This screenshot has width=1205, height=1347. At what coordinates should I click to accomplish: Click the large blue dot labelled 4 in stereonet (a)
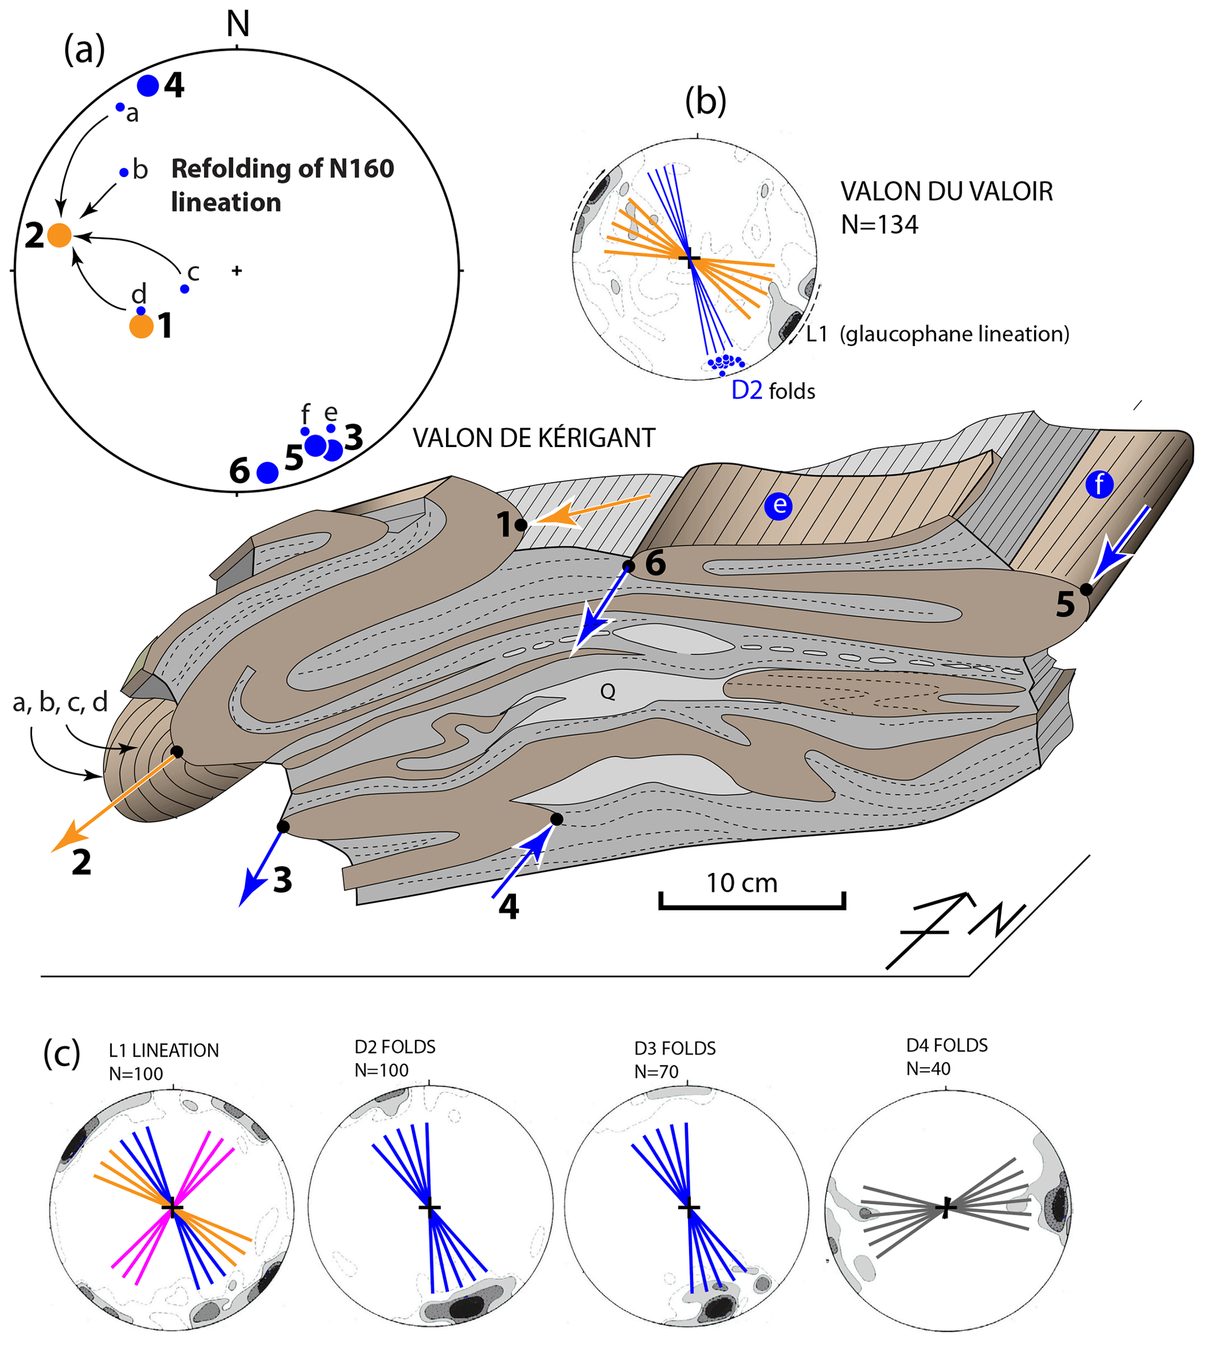(147, 85)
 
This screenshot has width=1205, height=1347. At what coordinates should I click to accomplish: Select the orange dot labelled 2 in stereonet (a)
(59, 235)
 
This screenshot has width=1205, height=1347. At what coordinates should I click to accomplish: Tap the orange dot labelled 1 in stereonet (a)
(141, 326)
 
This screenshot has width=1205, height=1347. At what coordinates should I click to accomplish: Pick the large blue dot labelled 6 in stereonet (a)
(268, 473)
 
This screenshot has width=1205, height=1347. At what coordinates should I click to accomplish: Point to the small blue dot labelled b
(124, 173)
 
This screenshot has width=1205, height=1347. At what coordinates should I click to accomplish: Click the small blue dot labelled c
(185, 289)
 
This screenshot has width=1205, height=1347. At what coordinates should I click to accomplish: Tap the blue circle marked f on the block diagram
(1099, 485)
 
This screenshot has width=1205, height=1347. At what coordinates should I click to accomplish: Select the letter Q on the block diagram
(607, 692)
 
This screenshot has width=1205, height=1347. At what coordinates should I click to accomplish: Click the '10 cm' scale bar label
(742, 883)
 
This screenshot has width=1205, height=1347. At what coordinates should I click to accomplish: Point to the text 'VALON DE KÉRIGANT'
(533, 438)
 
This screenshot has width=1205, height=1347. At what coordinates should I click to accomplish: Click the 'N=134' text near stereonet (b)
(879, 225)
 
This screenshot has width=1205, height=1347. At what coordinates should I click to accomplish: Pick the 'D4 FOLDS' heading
(947, 1046)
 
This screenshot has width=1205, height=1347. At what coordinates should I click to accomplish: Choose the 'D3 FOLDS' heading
(674, 1049)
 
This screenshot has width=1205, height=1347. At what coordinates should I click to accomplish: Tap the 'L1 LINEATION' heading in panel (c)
(164, 1050)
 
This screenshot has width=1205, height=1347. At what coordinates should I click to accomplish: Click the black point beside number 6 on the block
(628, 566)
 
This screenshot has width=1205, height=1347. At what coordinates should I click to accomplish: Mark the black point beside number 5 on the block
(1087, 589)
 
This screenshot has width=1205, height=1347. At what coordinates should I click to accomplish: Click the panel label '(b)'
(705, 101)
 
